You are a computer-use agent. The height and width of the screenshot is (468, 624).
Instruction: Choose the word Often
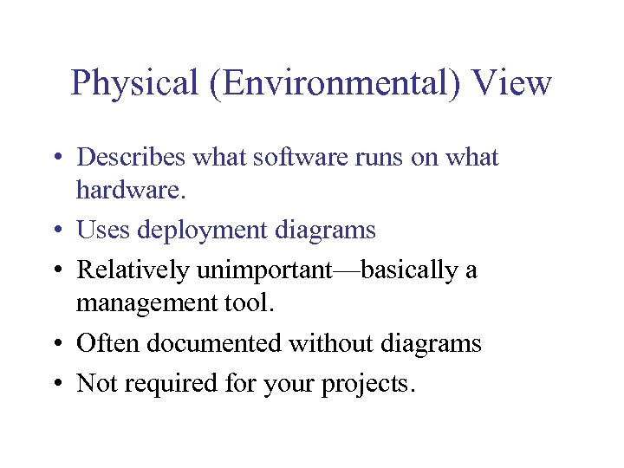point(107,343)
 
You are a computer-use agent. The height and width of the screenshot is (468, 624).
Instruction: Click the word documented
point(214,343)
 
